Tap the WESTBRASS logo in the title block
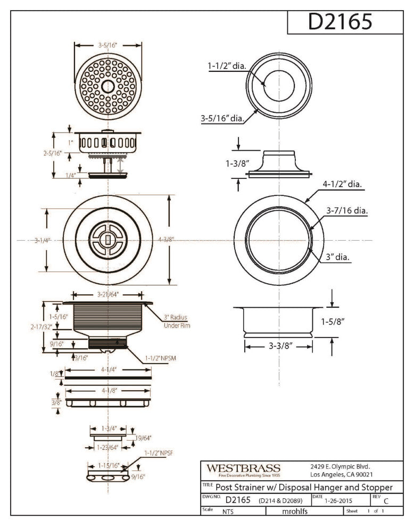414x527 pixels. pyautogui.click(x=243, y=468)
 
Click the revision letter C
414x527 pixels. pyautogui.click(x=386, y=501)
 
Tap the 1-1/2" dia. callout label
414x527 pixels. pyautogui.click(x=227, y=67)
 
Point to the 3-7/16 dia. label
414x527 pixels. pyautogui.click(x=347, y=210)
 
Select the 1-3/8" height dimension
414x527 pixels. pyautogui.click(x=237, y=163)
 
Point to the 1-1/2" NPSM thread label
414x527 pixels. pyautogui.click(x=160, y=358)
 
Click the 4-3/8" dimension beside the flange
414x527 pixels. pyautogui.click(x=167, y=240)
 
